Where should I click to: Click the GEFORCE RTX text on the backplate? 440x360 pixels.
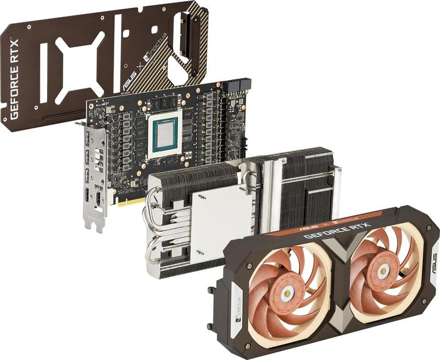point(14,79)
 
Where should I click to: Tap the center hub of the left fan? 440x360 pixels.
point(287,295)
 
